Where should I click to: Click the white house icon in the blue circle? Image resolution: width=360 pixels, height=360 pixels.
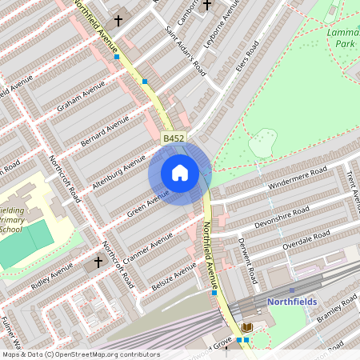180,172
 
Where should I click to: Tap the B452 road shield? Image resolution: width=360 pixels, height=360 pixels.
174,139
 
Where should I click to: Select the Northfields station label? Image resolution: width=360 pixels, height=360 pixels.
292,302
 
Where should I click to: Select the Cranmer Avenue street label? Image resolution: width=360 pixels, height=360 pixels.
150,248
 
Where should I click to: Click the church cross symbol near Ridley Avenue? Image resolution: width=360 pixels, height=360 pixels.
98,262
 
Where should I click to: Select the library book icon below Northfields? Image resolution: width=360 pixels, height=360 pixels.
246,327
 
